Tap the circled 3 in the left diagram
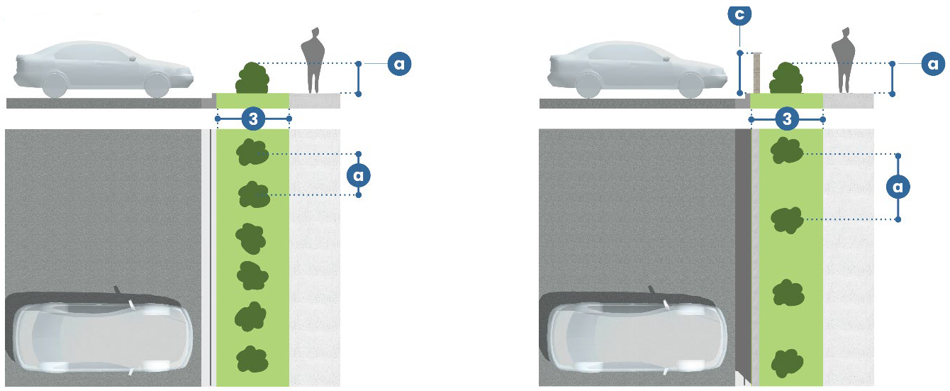(253, 119)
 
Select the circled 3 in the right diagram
(787, 119)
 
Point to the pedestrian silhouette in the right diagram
(844, 62)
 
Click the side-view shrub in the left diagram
(252, 78)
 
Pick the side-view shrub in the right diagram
(786, 78)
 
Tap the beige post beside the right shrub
(756, 72)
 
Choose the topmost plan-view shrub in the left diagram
(252, 153)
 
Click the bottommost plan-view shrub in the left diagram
(252, 360)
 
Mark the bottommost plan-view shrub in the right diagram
(786, 363)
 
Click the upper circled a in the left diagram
(399, 64)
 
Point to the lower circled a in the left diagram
(359, 174)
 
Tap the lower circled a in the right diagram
(898, 187)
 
